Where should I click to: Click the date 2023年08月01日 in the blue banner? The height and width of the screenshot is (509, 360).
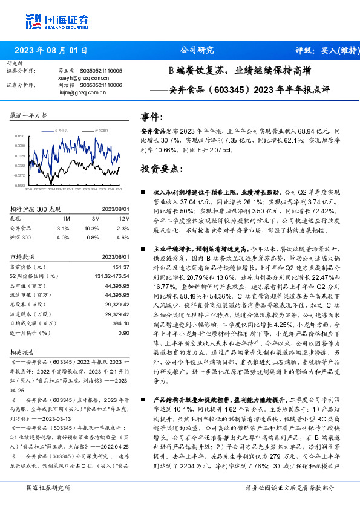(x=50, y=50)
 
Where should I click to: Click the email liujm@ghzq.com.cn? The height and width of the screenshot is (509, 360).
(x=72, y=92)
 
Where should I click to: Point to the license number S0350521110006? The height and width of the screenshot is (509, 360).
(x=100, y=85)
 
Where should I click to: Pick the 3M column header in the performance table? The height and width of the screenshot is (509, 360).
(x=96, y=218)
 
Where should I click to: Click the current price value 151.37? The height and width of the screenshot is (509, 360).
(x=121, y=267)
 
